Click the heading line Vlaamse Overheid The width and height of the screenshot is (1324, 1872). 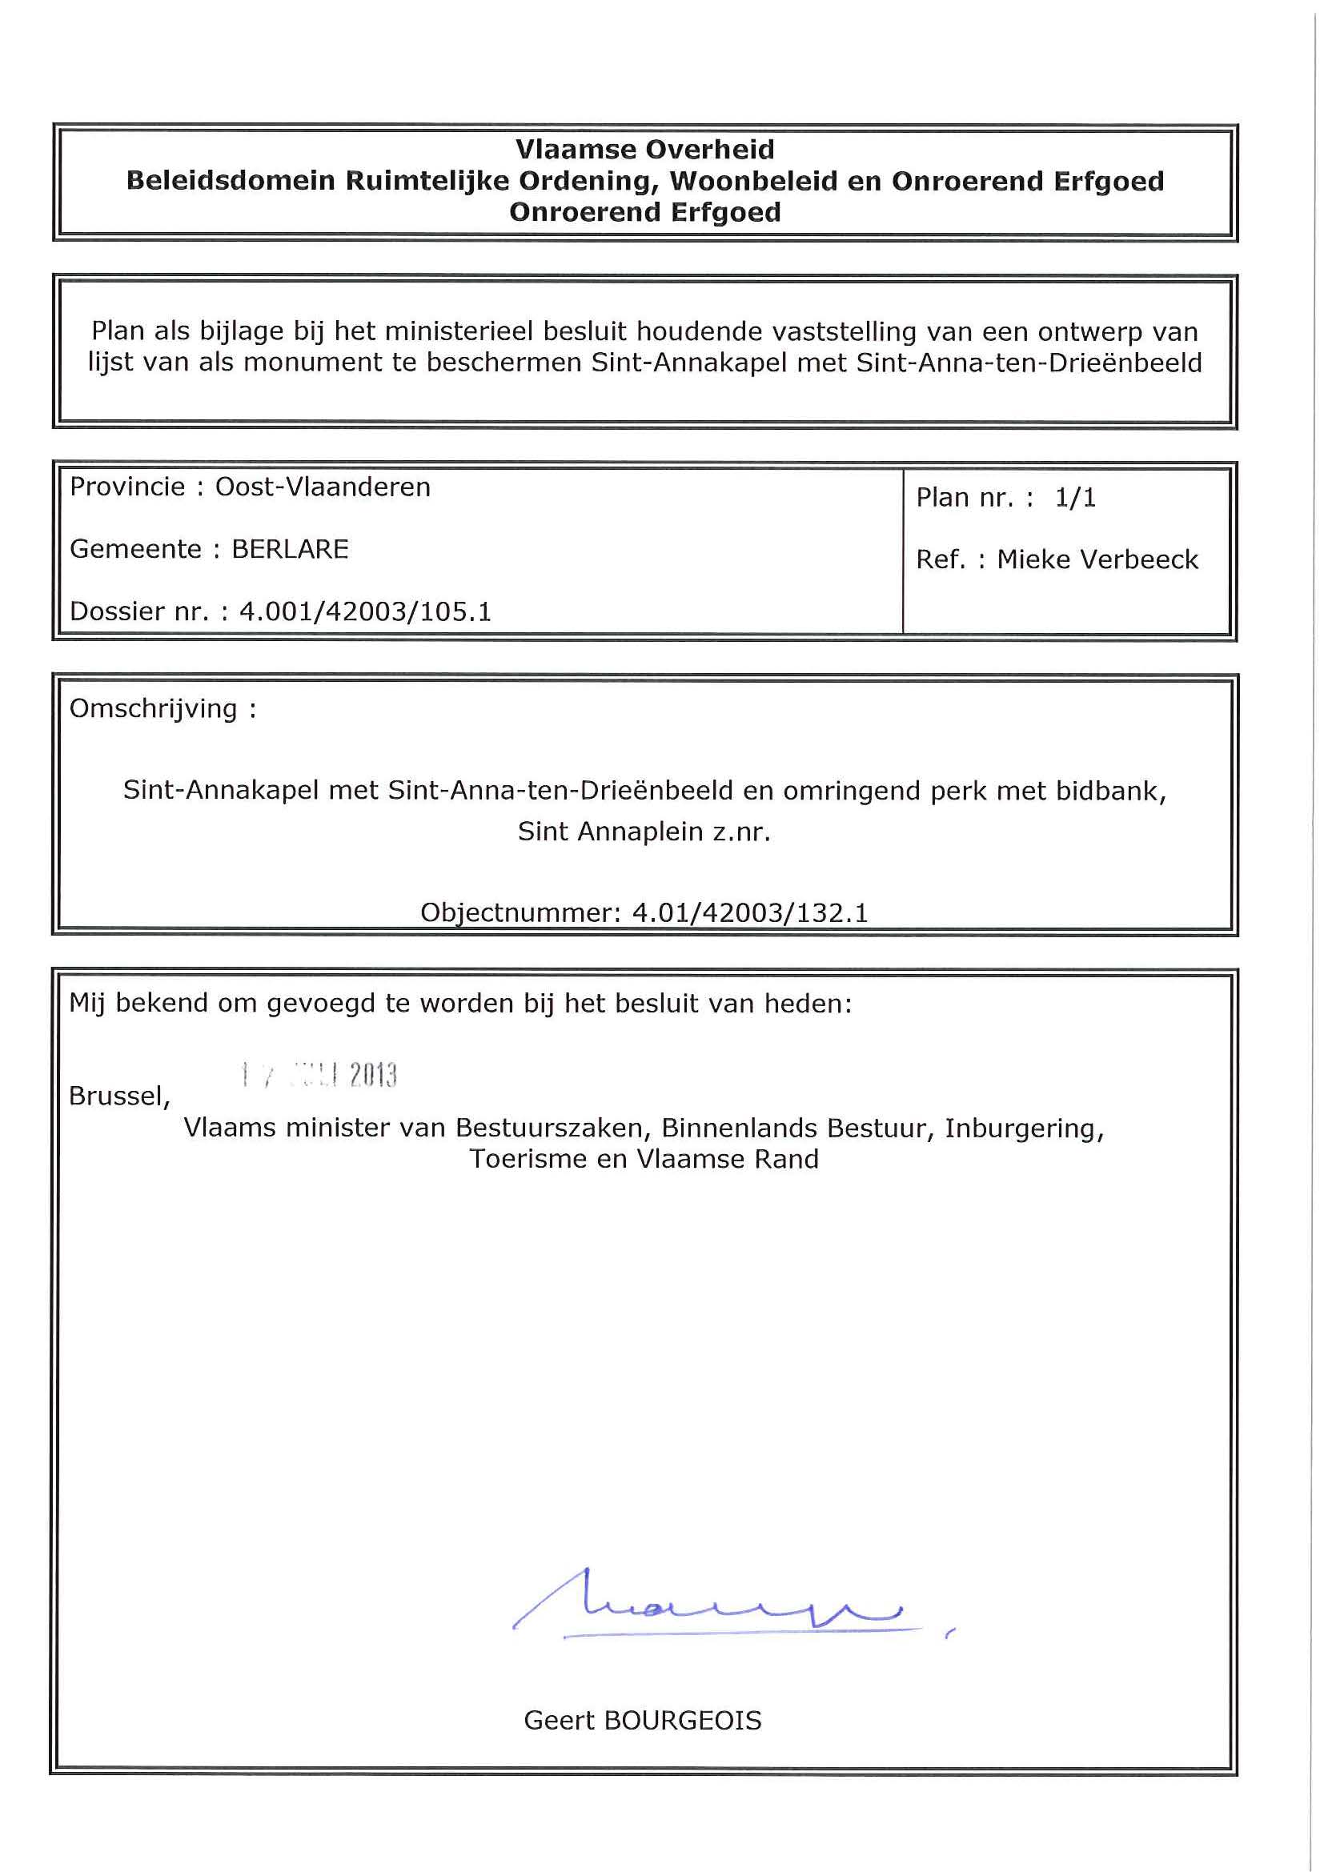[645, 149]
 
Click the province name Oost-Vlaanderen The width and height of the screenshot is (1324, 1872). [323, 487]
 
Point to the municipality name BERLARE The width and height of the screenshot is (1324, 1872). [291, 549]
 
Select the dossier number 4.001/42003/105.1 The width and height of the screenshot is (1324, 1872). [365, 611]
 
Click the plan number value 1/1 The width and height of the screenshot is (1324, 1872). [1074, 497]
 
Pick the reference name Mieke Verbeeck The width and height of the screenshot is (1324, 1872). [1097, 559]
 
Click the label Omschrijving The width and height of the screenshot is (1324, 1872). [153, 708]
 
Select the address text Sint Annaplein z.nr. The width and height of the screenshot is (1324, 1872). [644, 831]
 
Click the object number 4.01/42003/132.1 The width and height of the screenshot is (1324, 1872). [749, 912]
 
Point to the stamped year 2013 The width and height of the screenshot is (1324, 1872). [373, 1076]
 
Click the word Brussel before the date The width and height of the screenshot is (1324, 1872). [119, 1096]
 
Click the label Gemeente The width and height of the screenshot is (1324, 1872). [135, 549]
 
